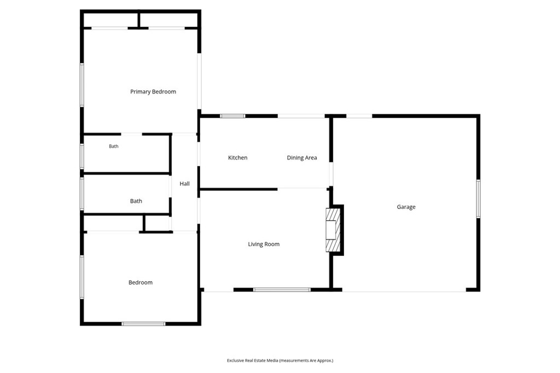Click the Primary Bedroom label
point(153,92)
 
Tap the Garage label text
point(406,207)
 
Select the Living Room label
point(264,244)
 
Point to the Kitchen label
point(237,158)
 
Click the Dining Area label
point(302,158)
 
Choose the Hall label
point(185,184)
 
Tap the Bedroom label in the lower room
point(141,283)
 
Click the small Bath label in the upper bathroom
point(114,146)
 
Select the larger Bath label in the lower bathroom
point(136,201)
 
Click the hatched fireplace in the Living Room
point(332,230)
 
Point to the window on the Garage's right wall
point(478,199)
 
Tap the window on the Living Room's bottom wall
point(282,290)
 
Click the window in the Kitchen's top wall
point(232,116)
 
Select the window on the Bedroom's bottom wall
point(143,324)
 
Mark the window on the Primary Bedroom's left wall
point(82,85)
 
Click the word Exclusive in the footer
point(235,360)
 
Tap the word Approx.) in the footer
point(325,361)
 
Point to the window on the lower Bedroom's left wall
point(82,277)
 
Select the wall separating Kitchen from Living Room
point(238,189)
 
